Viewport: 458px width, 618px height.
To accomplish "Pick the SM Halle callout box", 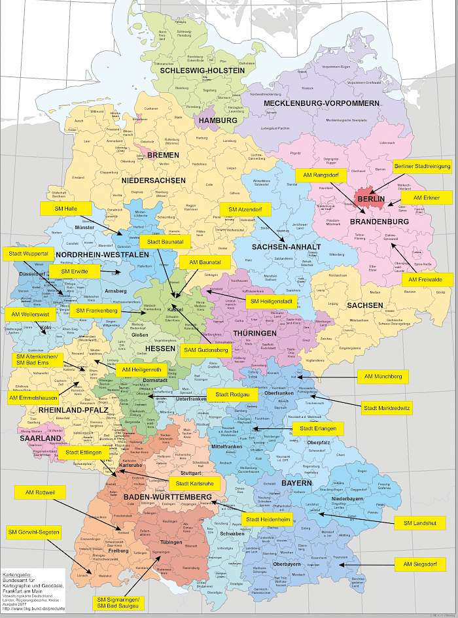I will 64,209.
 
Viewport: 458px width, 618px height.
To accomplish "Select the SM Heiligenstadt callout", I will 271,301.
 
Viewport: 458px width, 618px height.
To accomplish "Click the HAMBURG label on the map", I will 218,121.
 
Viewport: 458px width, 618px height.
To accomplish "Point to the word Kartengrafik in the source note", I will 16,571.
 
